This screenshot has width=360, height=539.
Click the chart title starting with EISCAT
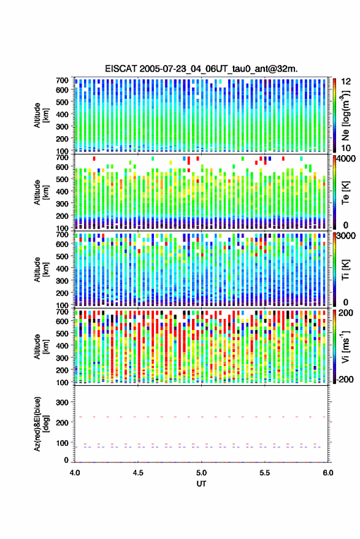point(201,69)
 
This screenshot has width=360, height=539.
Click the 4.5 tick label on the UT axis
point(138,473)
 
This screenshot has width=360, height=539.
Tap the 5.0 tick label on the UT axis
point(202,473)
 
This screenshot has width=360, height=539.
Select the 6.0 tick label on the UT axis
point(328,473)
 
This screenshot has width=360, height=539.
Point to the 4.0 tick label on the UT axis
point(75,473)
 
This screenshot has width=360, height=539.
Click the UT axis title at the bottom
point(201,484)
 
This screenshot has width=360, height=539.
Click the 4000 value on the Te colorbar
point(345,159)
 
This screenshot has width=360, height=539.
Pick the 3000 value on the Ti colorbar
point(345,236)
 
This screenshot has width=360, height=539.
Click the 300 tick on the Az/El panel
point(62,402)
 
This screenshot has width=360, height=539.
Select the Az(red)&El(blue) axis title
point(40,424)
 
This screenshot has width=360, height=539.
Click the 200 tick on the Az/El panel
point(62,422)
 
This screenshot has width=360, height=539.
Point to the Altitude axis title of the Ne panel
point(40,115)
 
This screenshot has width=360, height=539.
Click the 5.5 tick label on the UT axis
point(265,473)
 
